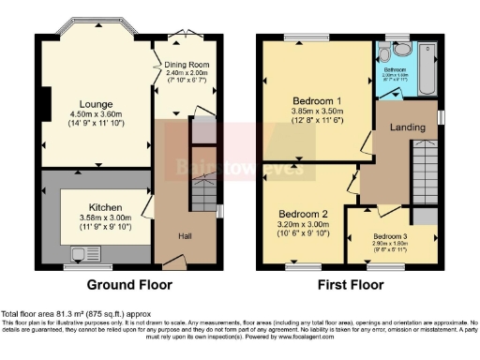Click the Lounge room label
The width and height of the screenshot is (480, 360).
(96, 103)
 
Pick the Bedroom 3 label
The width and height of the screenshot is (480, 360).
(391, 235)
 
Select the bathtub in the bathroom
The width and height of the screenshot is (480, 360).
(427, 67)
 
